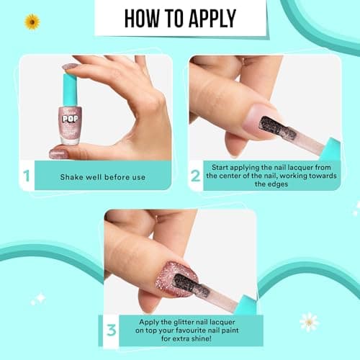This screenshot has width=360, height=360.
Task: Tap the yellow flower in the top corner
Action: tap(32, 22)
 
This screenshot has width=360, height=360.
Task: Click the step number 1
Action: tap(27, 175)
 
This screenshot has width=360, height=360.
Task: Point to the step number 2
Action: tap(195, 175)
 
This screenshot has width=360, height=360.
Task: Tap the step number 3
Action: tap(111, 330)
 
